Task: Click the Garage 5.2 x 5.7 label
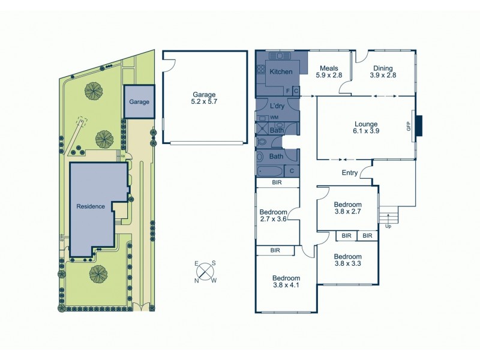205,98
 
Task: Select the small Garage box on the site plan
139,101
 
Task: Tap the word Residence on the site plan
91,206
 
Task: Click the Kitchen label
281,72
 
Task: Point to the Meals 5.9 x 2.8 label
330,72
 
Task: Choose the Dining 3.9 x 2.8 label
383,72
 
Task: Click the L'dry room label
277,106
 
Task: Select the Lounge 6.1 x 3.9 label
366,128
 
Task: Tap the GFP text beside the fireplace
409,127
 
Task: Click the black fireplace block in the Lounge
419,126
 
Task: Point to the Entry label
350,173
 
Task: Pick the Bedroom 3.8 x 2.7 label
347,208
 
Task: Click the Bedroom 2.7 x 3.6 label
273,216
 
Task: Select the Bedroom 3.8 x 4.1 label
286,282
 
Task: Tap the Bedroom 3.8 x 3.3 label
347,259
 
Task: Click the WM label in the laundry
274,118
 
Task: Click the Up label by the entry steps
388,226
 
